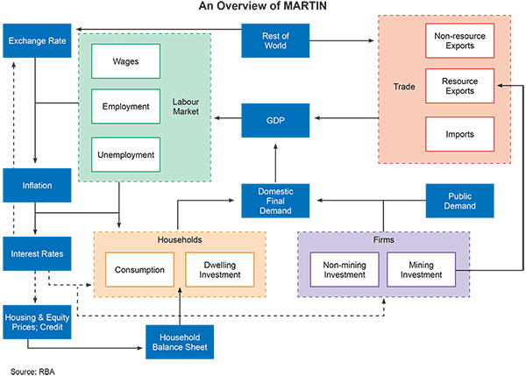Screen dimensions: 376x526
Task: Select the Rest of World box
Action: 276,40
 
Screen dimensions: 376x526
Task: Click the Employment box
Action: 126,106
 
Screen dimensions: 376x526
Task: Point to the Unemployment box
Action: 126,155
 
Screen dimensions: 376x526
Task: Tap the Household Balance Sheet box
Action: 180,342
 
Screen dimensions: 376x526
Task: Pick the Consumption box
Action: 140,270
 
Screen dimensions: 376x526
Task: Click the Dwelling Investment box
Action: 219,270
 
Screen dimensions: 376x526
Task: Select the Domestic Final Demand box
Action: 276,201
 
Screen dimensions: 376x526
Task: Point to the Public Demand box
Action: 459,201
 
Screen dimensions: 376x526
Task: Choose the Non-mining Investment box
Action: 344,270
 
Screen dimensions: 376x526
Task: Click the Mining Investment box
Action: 421,270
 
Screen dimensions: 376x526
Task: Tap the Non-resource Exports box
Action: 459,40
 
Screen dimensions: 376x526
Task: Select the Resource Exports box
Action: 459,85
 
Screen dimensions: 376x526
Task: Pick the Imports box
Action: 459,134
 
